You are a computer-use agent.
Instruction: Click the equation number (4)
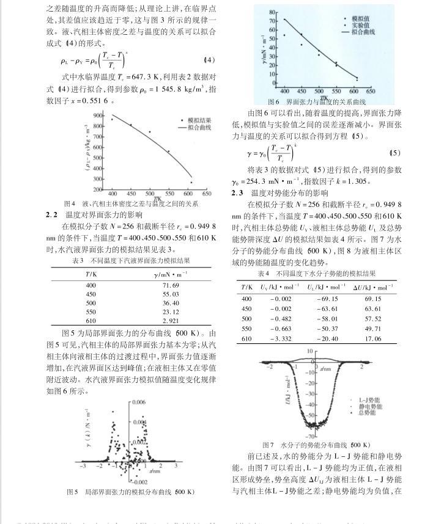tap(209, 60)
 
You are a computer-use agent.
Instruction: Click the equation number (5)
tap(394, 153)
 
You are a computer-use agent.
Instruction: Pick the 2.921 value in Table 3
tap(171, 320)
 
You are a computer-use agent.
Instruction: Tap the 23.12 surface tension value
tap(171, 311)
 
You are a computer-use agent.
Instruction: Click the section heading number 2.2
tap(52, 214)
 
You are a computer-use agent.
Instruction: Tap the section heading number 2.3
tap(238, 193)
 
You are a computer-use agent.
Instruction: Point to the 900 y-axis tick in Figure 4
tap(98, 115)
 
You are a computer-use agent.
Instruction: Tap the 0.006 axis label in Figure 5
tap(139, 402)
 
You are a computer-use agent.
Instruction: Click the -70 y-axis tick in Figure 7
tap(293, 436)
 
